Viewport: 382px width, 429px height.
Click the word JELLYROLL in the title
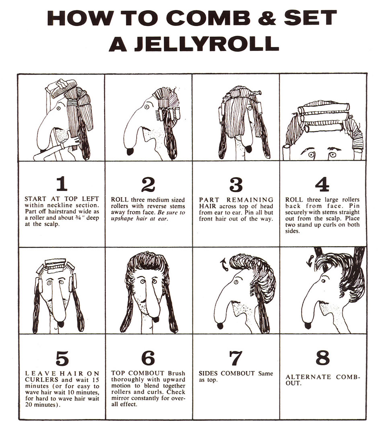pos(207,44)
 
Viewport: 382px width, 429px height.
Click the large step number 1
pos(62,184)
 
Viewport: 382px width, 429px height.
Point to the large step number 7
pos(236,358)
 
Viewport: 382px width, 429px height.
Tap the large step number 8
pos(322,357)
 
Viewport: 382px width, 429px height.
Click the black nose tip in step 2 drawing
pos(131,152)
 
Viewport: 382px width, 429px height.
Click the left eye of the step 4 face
pos(311,155)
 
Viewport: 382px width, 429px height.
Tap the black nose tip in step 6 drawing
pos(156,319)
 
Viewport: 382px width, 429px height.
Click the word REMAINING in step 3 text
pos(250,200)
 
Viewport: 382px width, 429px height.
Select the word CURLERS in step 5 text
pos(41,380)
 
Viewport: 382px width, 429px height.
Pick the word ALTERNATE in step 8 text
pos(308,377)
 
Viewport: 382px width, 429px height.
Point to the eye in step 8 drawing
pos(324,281)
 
